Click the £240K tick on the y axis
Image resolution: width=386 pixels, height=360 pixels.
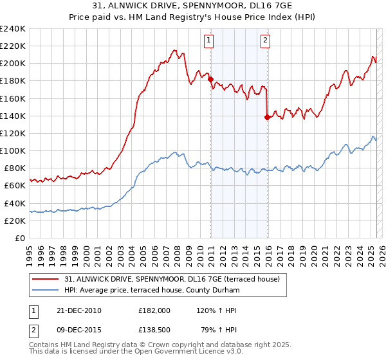point(12,28)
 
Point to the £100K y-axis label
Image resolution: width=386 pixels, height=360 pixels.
point(12,150)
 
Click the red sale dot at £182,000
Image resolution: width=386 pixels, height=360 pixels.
point(210,79)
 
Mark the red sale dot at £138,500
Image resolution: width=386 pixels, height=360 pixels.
point(266,117)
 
